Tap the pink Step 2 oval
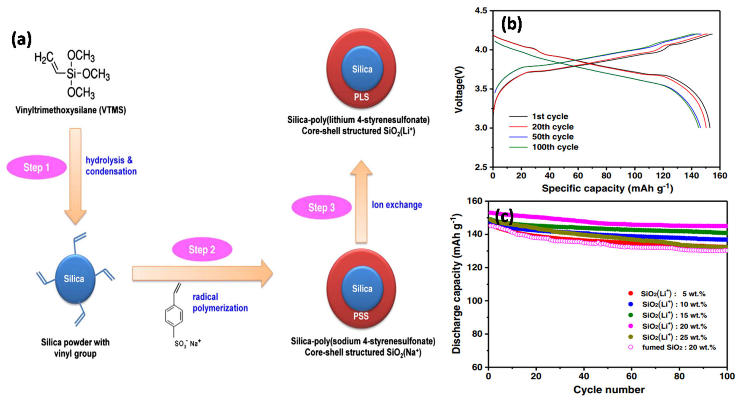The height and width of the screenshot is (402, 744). [202, 249]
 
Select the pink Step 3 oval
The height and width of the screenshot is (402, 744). [322, 207]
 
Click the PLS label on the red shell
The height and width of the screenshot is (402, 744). [361, 97]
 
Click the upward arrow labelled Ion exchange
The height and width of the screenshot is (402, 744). [361, 202]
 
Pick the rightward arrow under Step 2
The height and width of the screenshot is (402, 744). [202, 273]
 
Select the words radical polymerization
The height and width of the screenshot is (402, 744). [220, 302]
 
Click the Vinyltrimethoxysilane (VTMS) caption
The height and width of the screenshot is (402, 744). [71, 110]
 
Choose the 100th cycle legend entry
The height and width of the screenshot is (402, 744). [555, 147]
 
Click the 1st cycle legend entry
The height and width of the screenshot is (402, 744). [550, 117]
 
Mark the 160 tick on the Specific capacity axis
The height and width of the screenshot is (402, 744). [720, 176]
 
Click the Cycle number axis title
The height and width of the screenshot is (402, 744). [609, 390]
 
